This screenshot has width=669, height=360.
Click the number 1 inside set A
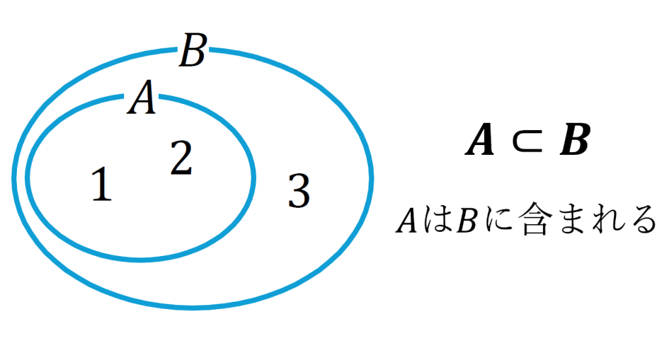click(x=101, y=185)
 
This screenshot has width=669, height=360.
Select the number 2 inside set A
click(x=181, y=159)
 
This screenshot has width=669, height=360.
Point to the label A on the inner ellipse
click(x=142, y=100)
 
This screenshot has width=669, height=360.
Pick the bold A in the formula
click(x=480, y=142)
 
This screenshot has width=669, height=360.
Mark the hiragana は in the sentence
click(x=435, y=221)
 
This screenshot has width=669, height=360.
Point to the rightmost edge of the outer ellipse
click(x=371, y=177)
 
